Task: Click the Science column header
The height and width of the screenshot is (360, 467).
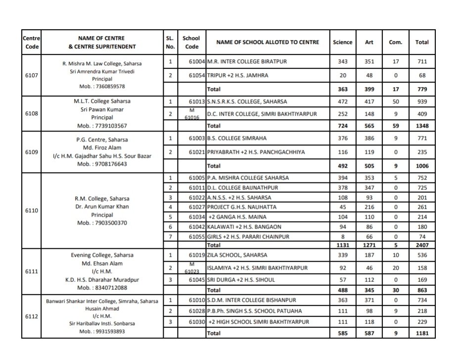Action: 343,43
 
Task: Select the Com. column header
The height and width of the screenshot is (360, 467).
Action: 395,43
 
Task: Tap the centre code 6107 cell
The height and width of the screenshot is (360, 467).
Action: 32,75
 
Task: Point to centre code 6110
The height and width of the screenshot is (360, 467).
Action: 32,210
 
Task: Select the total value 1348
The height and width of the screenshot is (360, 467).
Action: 421,126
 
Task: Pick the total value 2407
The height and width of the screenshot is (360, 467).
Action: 421,245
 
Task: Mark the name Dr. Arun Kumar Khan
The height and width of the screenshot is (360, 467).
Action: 92,207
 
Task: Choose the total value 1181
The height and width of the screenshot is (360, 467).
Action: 421,333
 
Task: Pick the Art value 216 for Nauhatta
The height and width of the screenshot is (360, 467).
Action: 369,207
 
